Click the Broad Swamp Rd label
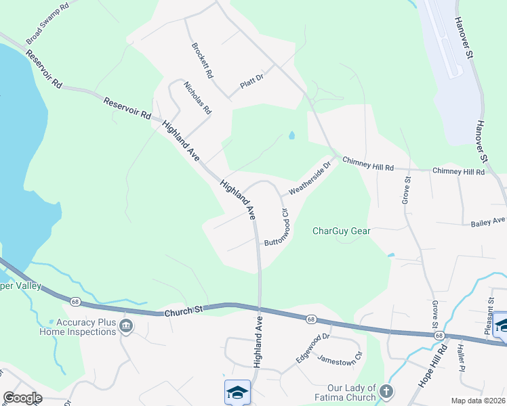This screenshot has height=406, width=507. (47, 24)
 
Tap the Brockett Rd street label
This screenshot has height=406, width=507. (203, 61)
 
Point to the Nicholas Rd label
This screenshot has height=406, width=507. (198, 97)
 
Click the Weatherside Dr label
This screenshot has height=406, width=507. (309, 177)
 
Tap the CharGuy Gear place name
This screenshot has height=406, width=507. (341, 231)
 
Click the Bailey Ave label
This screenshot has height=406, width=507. (488, 221)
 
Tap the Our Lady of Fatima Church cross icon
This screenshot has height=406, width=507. (386, 391)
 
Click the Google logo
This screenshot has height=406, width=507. (22, 398)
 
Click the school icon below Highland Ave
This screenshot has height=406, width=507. (238, 392)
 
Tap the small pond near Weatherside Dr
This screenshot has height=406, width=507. (291, 135)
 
